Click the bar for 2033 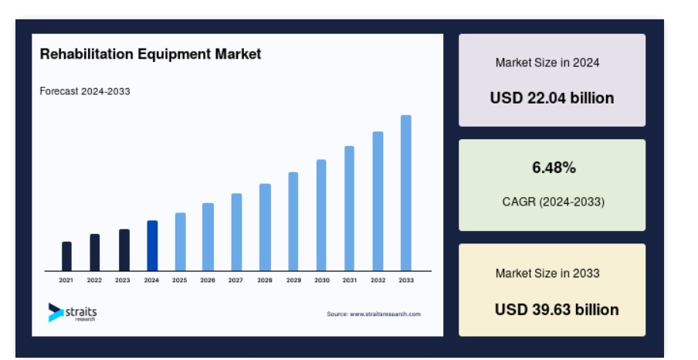tap(406, 193)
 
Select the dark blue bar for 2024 tap(152, 246)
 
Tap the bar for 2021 tap(66, 256)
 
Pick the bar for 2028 tap(265, 227)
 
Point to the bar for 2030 tap(321, 216)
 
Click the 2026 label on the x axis tap(208, 280)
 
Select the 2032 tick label tap(378, 280)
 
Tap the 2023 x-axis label tap(123, 280)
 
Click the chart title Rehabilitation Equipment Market tap(151, 54)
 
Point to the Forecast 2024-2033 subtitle tap(85, 91)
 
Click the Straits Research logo tap(73, 312)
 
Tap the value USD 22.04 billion tap(552, 98)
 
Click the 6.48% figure tap(554, 168)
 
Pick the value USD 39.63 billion tap(557, 310)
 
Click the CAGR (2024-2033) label tap(554, 202)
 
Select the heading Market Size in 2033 tap(547, 273)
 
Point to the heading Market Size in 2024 tap(547, 63)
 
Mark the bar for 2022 tap(95, 252)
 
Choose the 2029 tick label tap(294, 280)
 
